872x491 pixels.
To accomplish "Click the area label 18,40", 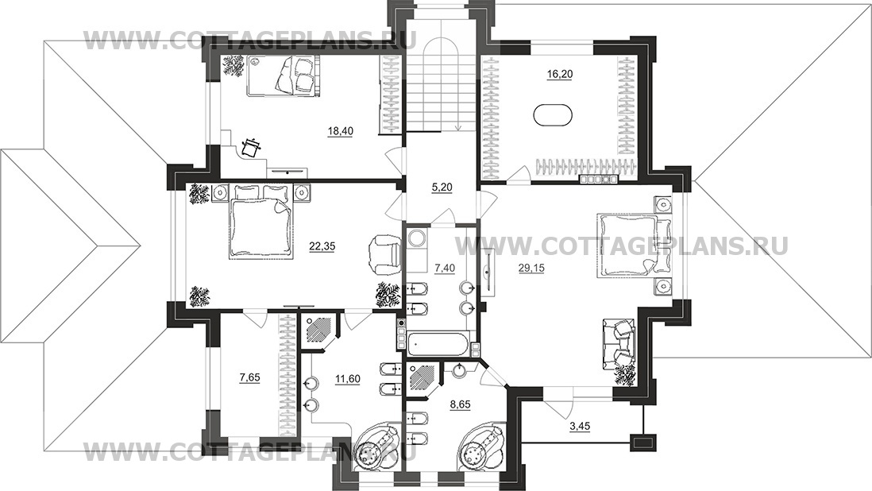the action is [341, 131].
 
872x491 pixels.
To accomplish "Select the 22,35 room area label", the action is [322, 246].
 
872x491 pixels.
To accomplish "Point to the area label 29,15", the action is [531, 268].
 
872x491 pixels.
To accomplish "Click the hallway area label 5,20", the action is [442, 188].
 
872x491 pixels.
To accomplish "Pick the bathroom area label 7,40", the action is [445, 268].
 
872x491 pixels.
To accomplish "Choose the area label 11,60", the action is [348, 379].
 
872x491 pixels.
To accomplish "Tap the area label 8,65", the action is [460, 405].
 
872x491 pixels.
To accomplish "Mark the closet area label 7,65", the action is [249, 377].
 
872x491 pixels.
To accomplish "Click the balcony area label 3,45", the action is [580, 427].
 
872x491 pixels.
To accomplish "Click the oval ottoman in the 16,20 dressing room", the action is [554, 115].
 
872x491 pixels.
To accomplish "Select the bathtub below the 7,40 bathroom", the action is [438, 342].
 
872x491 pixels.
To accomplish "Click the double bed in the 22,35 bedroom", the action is [261, 222].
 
